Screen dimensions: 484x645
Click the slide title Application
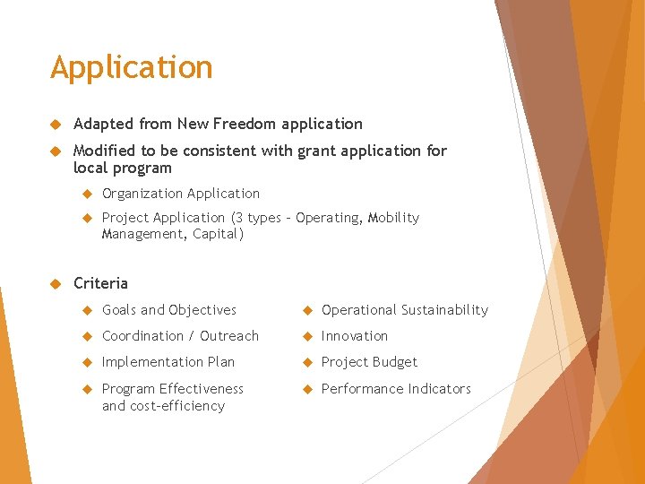[132, 68]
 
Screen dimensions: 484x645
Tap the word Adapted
[103, 124]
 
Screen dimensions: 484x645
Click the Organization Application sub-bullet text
[180, 194]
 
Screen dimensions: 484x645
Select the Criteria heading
[100, 283]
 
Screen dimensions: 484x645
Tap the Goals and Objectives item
[168, 310]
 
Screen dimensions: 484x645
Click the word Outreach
[229, 336]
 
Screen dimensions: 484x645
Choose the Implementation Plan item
[168, 362]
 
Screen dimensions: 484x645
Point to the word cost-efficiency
[176, 406]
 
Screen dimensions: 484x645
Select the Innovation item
[354, 336]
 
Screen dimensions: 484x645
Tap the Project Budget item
[369, 362]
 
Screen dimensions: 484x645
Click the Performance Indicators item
[395, 389]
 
